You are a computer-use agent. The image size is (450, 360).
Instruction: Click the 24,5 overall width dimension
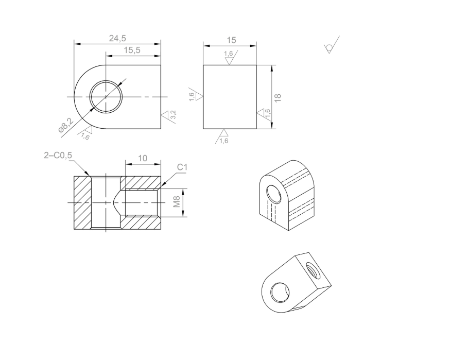click(117, 38)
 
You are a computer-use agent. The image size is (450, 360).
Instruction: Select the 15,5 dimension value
click(132, 49)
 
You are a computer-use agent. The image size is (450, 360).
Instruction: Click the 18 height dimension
click(278, 97)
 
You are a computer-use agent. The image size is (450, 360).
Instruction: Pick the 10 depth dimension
click(143, 159)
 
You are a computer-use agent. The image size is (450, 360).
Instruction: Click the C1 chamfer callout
click(182, 167)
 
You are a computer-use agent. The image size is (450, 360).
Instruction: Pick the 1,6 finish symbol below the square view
click(222, 137)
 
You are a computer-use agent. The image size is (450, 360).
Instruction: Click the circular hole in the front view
click(107, 97)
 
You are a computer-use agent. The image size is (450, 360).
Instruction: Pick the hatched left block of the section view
click(82, 203)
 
